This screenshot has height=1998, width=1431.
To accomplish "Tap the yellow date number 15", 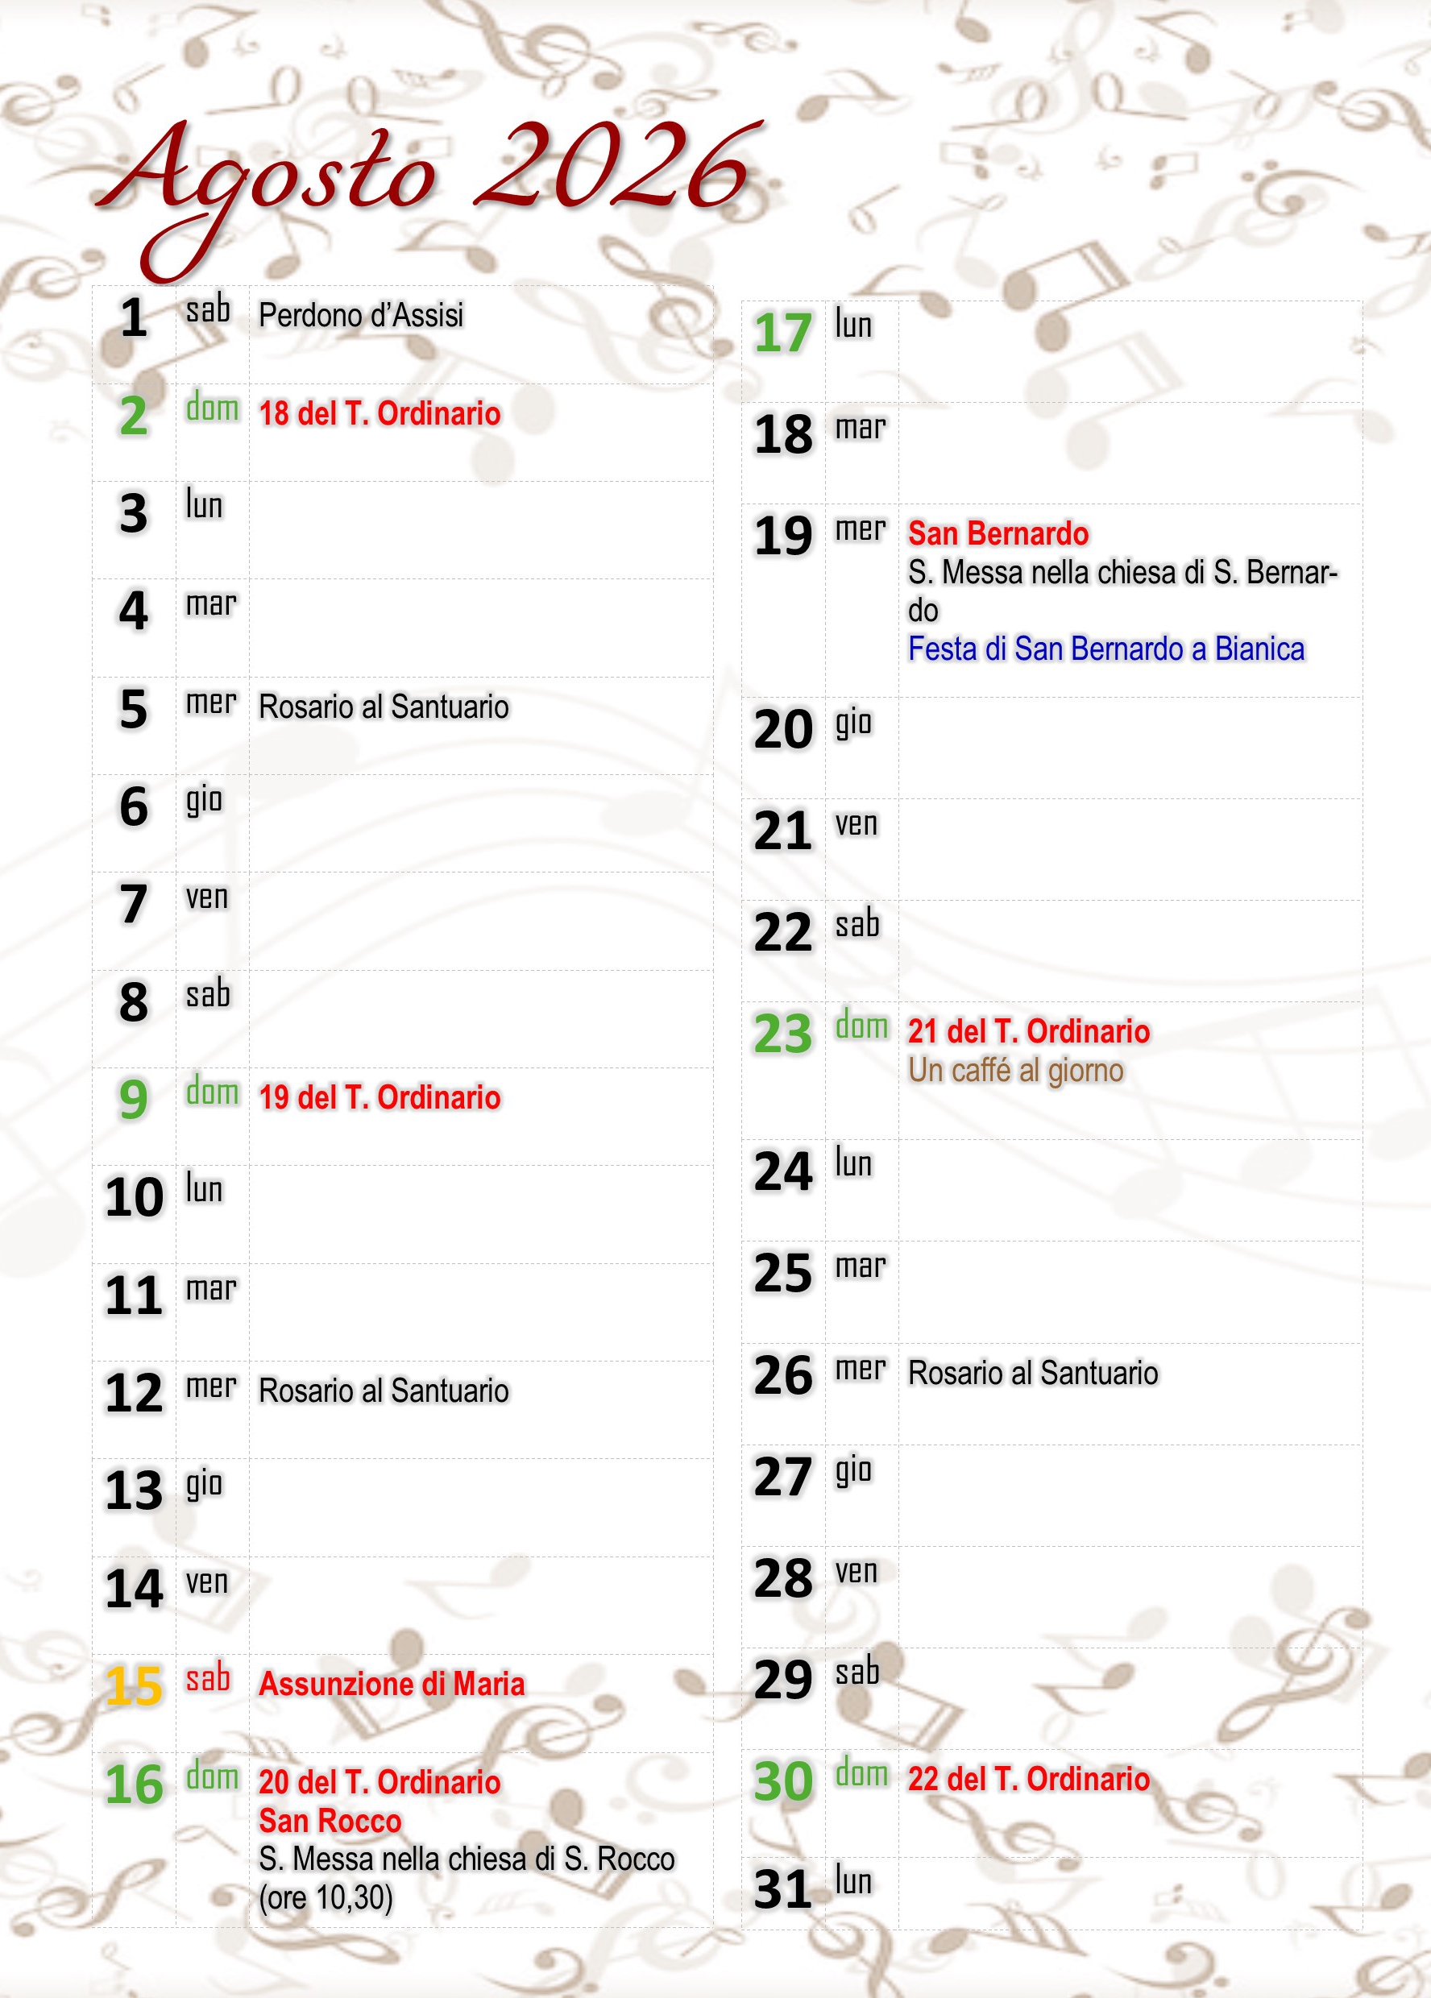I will click(x=134, y=1685).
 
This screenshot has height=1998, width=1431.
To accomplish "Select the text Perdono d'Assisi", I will click(x=360, y=315).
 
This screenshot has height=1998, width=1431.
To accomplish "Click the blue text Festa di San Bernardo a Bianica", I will click(x=1105, y=649).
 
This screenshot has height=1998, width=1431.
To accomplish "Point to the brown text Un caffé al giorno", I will click(x=1016, y=1071).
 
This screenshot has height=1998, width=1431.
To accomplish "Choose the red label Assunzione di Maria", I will click(x=392, y=1684).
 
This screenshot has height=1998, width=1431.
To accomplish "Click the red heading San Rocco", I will click(x=330, y=1820).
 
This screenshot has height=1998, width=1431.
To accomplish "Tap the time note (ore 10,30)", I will click(x=326, y=1896).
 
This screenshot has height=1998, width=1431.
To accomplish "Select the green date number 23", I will click(x=782, y=1034).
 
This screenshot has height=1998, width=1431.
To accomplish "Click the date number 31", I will click(x=782, y=1890).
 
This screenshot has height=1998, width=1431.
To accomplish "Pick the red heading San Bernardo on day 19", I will click(x=998, y=534).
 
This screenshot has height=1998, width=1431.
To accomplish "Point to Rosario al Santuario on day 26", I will click(x=1033, y=1374).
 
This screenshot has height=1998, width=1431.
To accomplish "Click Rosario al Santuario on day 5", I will click(x=384, y=707).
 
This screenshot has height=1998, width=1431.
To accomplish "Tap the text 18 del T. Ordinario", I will click(x=379, y=413).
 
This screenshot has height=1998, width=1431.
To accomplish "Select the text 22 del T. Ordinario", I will click(x=1028, y=1779).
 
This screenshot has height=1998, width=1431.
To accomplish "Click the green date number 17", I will click(x=782, y=333).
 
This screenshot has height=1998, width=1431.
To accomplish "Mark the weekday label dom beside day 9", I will click(x=213, y=1092).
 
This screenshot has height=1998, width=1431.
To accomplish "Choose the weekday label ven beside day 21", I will click(x=856, y=824).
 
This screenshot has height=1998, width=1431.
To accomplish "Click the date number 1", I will click(x=133, y=318).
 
